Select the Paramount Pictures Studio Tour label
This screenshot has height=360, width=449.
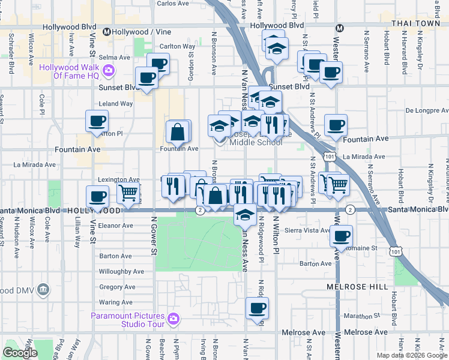(x=127, y=320)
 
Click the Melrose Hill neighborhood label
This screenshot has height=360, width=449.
(x=357, y=287)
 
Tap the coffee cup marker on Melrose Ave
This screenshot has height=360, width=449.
(x=258, y=308)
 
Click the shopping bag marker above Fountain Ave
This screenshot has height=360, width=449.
(x=178, y=131)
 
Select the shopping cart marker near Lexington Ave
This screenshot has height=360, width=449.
(x=128, y=193)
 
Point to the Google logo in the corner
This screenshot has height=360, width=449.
(x=20, y=353)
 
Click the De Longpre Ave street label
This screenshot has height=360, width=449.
(x=426, y=110)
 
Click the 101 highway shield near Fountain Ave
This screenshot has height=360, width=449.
(x=330, y=156)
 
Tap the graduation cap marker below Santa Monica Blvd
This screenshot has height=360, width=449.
(x=245, y=214)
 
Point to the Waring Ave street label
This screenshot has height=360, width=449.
(x=115, y=302)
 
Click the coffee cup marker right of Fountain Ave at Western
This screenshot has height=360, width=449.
(x=336, y=125)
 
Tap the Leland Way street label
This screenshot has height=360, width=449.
(x=116, y=104)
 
